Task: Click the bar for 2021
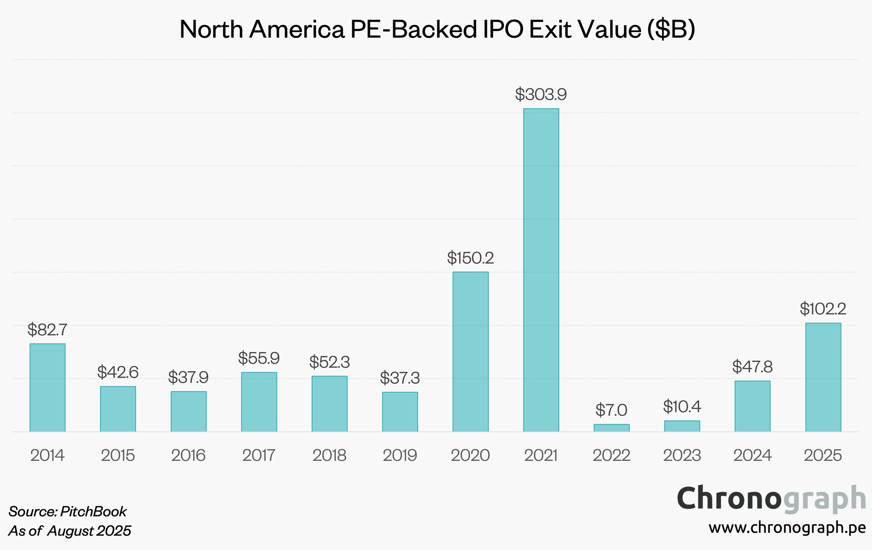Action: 541,270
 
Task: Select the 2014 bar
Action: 47,387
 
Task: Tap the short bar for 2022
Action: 612,428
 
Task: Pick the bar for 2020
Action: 470,351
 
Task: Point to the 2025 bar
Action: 823,377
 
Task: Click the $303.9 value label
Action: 541,94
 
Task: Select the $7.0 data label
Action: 611,410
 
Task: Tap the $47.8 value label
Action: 753,367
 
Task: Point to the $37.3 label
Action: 400,378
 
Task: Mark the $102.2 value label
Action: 823,309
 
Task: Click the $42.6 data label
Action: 118,372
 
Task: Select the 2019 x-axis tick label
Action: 400,455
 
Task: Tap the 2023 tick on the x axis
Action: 682,455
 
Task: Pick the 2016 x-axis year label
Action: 188,455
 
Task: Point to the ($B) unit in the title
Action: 671,29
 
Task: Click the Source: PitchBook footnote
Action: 68,511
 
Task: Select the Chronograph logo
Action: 771,499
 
